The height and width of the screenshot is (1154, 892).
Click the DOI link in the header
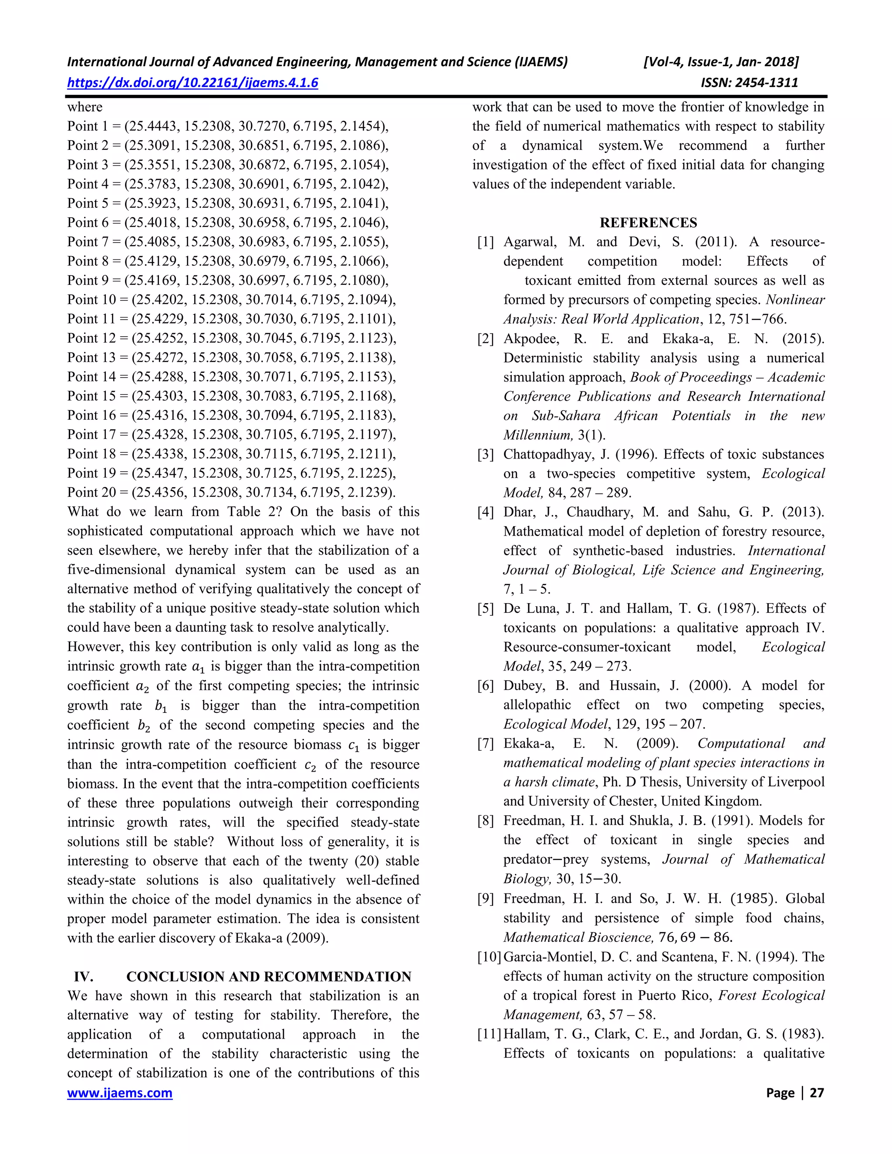[193, 82]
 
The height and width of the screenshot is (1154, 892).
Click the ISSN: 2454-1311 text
[749, 82]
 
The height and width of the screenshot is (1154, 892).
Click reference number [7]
[485, 744]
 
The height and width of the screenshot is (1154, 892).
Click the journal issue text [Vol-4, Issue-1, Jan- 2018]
[721, 62]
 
